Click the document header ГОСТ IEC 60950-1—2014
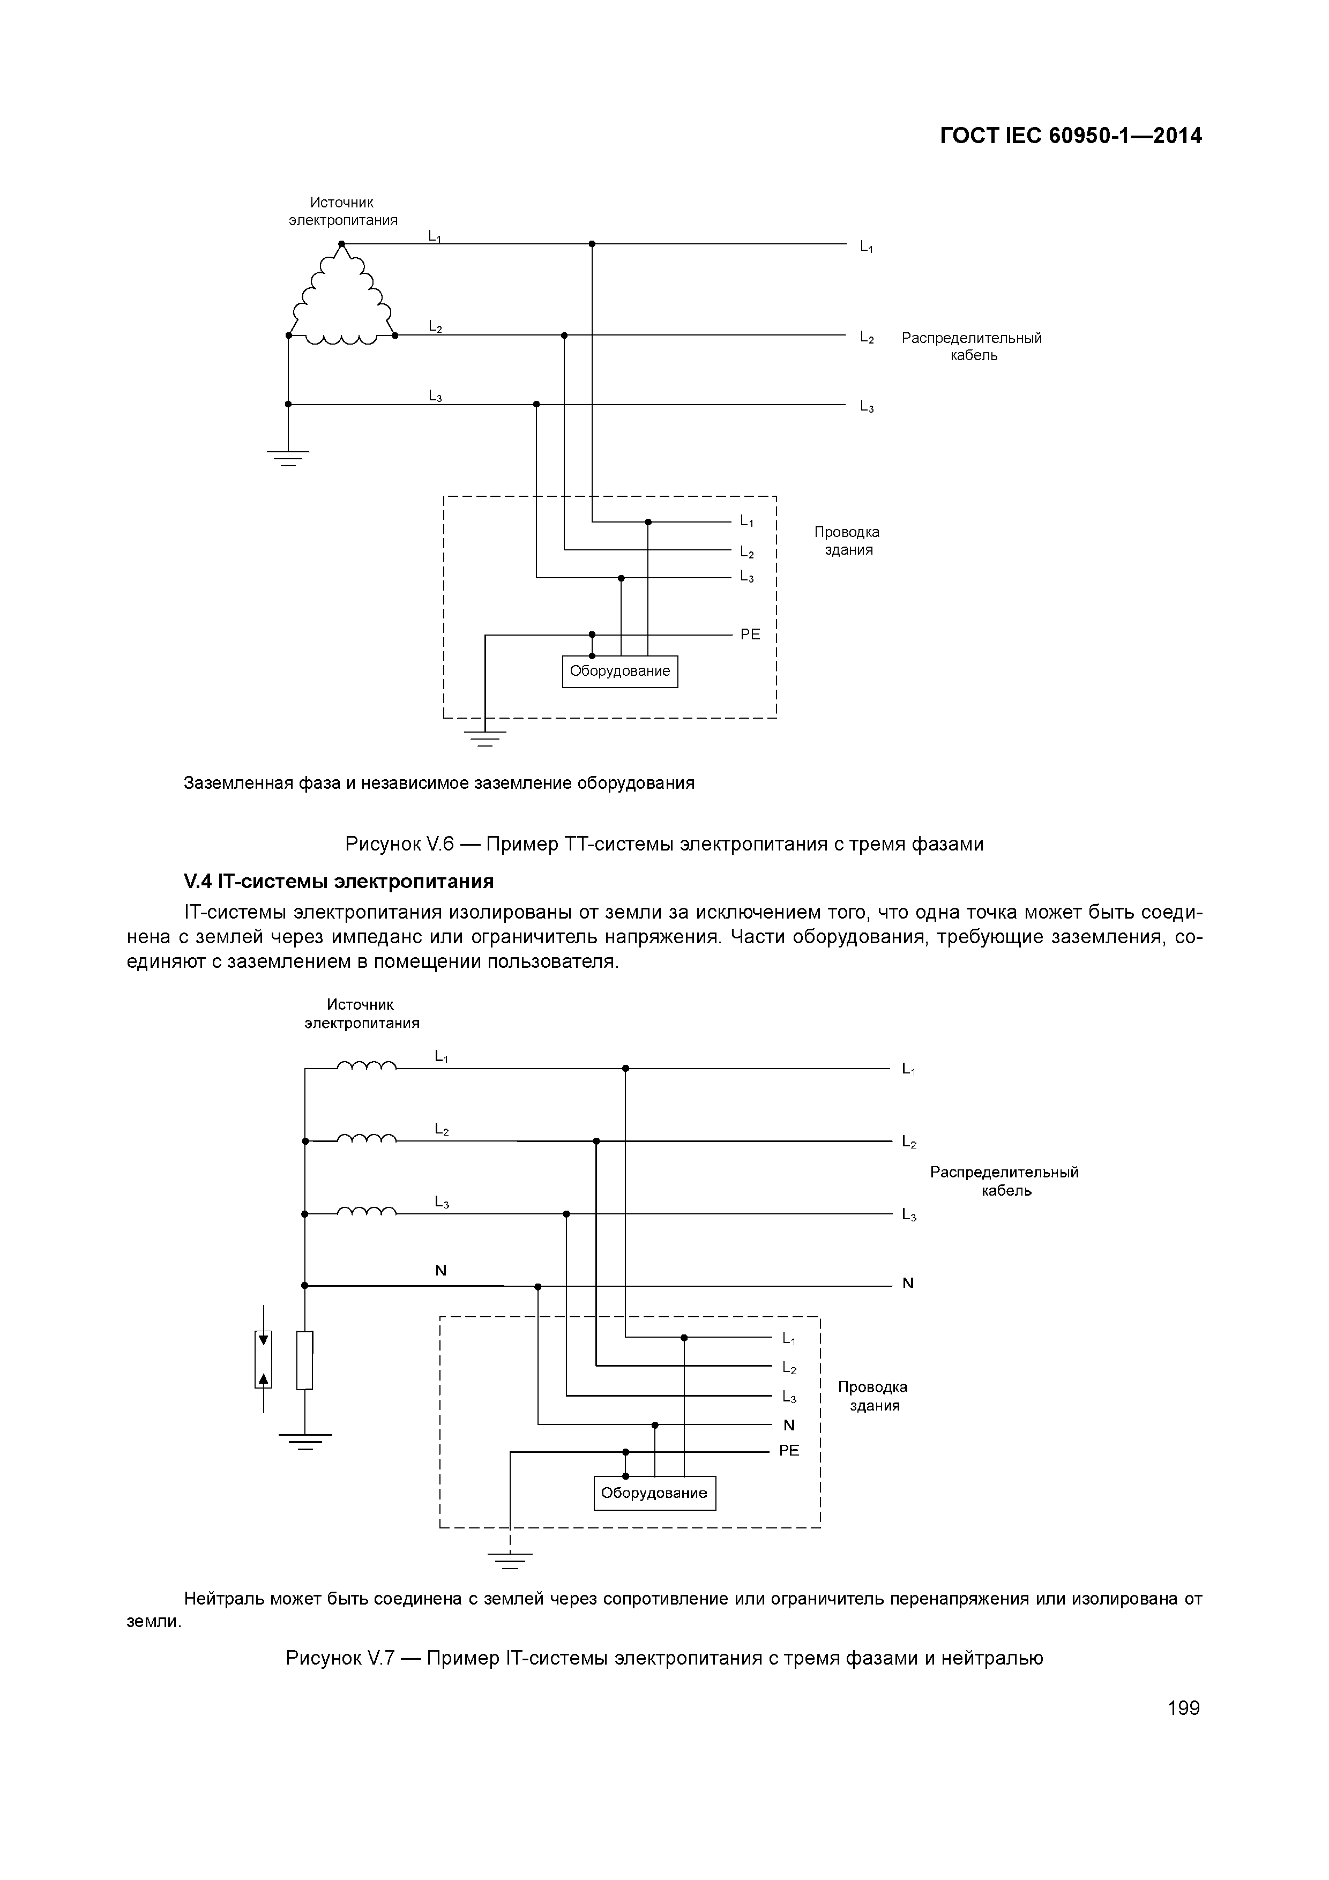click(x=1070, y=136)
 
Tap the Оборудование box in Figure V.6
click(x=620, y=672)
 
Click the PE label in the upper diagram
click(x=750, y=635)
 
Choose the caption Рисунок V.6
click(x=664, y=844)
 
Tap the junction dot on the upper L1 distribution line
click(x=592, y=244)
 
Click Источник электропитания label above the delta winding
click(x=343, y=211)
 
